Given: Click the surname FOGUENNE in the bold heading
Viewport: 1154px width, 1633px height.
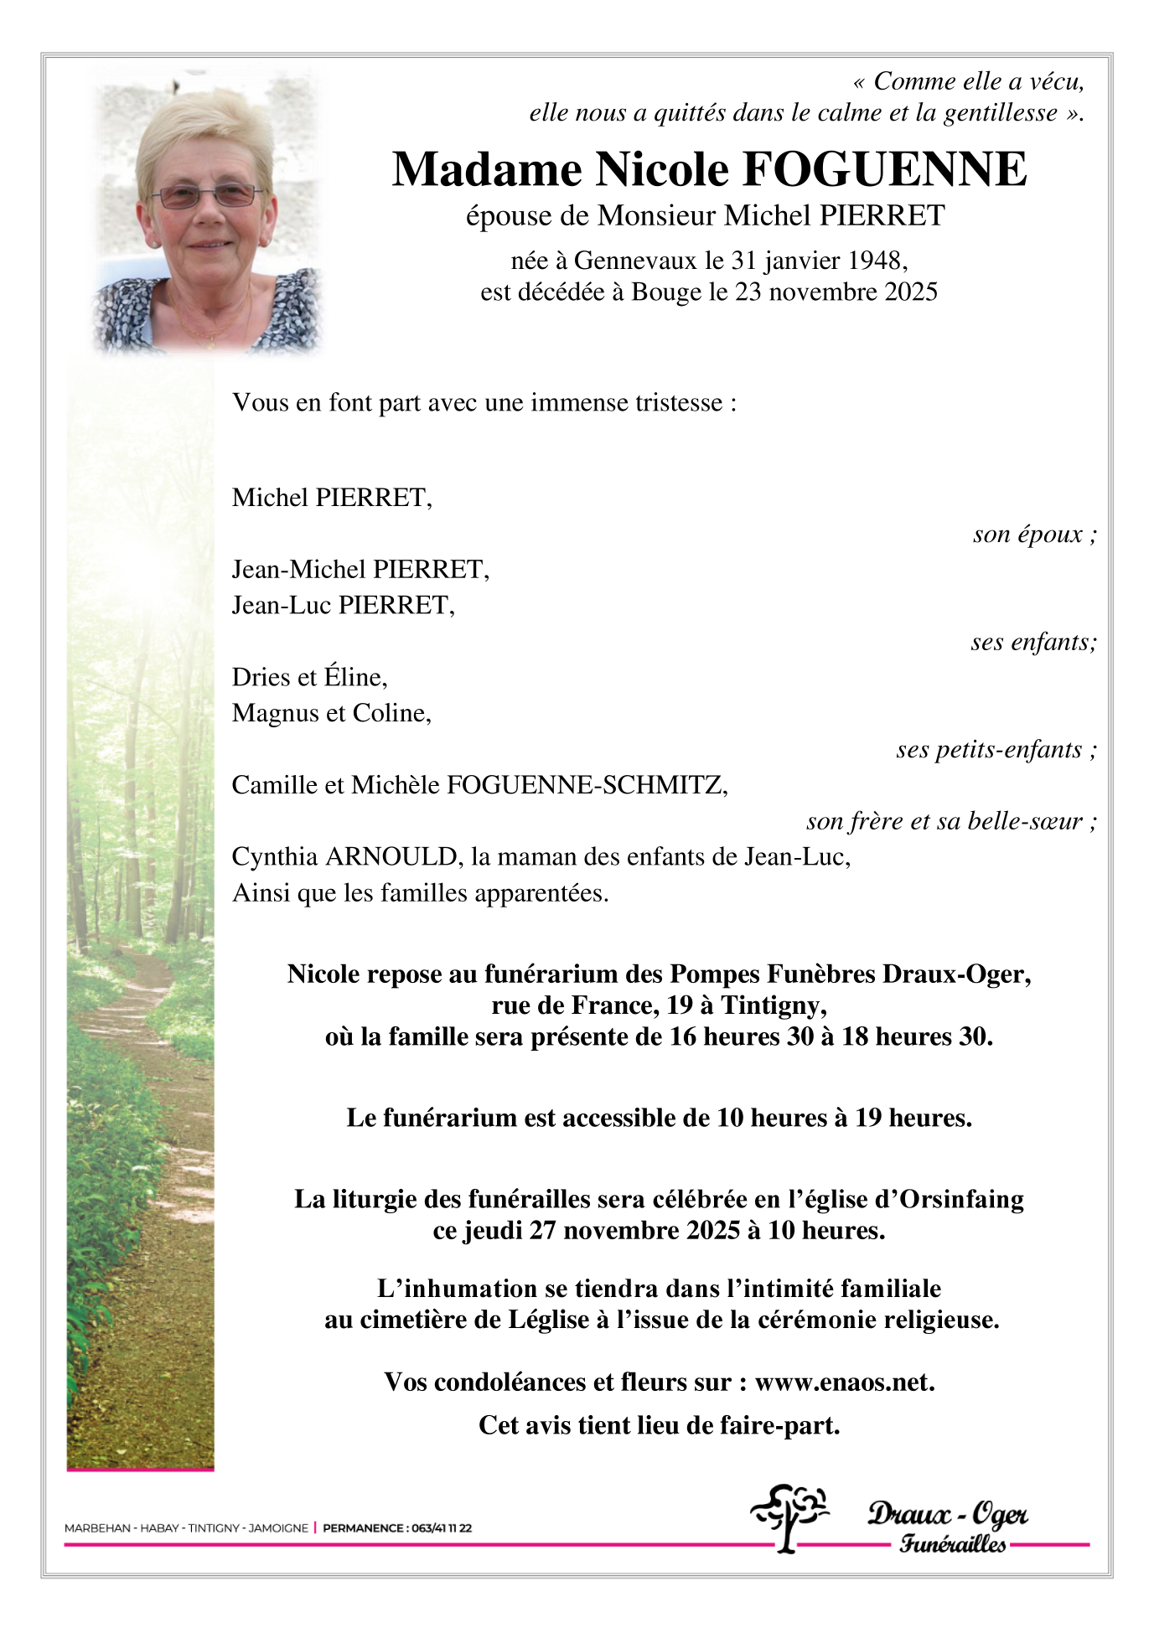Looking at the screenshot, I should [x=884, y=170].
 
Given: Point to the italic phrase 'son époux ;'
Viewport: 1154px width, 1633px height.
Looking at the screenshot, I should [x=1034, y=535].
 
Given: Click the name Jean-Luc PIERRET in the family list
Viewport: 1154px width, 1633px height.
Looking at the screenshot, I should [x=342, y=605].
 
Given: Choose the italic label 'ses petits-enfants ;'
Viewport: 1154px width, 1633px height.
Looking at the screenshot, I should [x=996, y=749].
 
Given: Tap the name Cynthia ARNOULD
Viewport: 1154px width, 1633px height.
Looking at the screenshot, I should [x=344, y=857].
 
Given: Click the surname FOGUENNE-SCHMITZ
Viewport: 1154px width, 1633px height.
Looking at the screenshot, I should [x=586, y=785].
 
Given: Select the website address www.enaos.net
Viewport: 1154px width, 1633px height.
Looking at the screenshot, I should [x=844, y=1382].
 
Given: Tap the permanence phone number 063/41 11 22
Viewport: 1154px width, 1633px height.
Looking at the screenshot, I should [x=440, y=1527].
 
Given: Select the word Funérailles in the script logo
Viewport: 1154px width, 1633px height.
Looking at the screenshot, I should [x=953, y=1543].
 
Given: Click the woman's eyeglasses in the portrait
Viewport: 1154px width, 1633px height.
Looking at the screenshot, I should [x=206, y=196].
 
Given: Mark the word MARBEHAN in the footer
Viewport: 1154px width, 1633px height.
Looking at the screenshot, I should [x=97, y=1527].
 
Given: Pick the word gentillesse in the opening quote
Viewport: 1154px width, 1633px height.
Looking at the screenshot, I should [x=1000, y=113].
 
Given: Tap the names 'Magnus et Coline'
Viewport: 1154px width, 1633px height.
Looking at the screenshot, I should [x=330, y=713].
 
